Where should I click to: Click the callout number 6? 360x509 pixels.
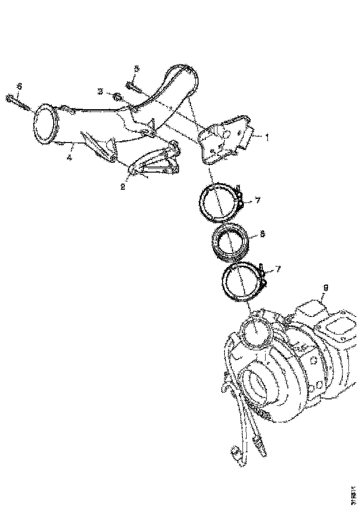tap(19, 86)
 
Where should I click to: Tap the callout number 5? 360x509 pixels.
tap(136, 68)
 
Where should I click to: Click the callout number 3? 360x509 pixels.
tap(100, 91)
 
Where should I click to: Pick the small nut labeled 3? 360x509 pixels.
tap(118, 97)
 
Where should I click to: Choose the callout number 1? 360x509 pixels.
tap(266, 137)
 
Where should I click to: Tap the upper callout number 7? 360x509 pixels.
tap(258, 200)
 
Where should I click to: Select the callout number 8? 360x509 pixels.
tap(262, 234)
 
